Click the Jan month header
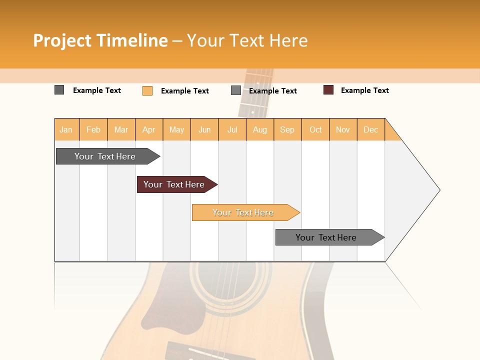66,129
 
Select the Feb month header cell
93,129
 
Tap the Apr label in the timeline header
149,129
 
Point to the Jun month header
204,129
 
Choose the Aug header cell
260,129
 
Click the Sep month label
287,129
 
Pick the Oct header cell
315,129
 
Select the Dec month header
371,129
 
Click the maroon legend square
328,90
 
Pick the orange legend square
147,90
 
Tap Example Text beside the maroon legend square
364,90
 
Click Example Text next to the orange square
184,91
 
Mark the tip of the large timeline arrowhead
439,190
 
